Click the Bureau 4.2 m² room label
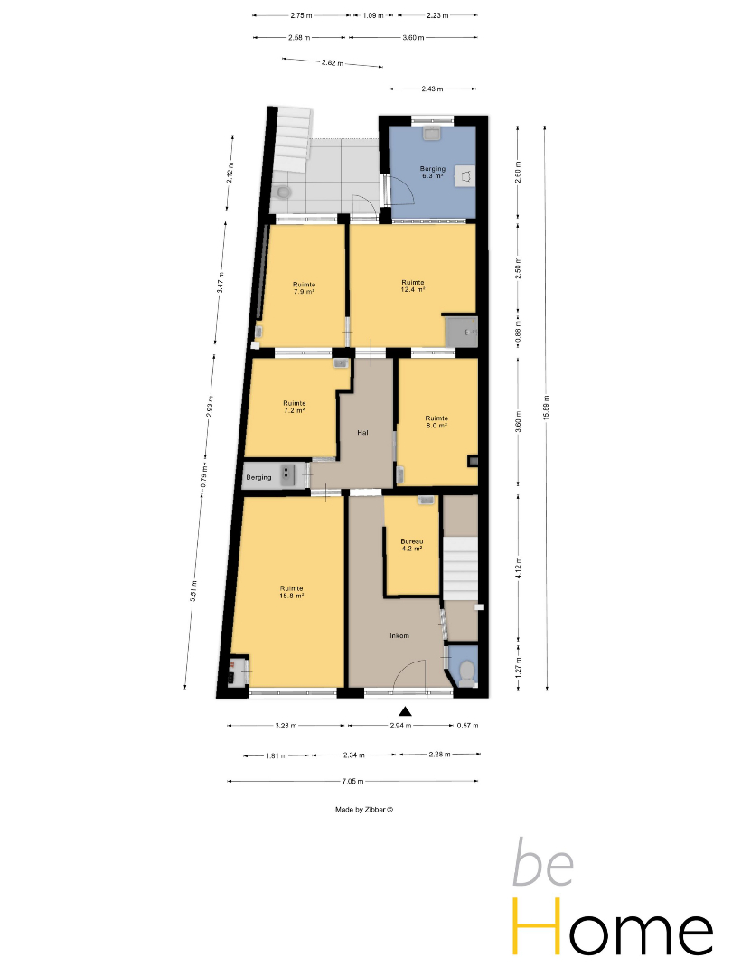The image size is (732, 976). (411, 545)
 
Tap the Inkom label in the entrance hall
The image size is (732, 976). (399, 635)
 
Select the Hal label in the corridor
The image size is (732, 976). (363, 432)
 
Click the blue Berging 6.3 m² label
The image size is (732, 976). (433, 173)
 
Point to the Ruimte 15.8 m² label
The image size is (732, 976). (291, 592)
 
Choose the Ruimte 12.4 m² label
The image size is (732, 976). (413, 286)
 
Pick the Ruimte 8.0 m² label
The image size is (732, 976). (436, 421)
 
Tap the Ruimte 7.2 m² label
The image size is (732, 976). (294, 407)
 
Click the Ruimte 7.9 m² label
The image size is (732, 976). (304, 287)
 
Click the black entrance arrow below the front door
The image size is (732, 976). (405, 711)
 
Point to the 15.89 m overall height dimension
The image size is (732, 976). (546, 408)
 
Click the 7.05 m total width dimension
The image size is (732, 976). (353, 781)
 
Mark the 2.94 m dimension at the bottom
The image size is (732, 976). (400, 725)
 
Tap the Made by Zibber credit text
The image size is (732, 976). (364, 810)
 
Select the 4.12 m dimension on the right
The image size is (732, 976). (519, 568)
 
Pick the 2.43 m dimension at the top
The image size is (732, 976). (433, 89)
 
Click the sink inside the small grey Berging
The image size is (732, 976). (287, 475)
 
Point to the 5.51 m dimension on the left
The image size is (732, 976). (194, 590)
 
